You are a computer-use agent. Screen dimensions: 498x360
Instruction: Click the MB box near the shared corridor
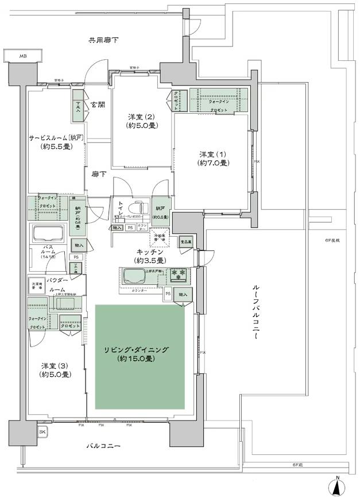coord(23,56)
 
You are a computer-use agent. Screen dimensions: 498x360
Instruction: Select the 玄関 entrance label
coord(98,105)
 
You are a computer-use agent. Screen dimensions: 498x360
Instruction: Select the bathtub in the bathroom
coord(50,234)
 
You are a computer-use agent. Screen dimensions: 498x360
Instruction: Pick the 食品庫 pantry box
coord(185,242)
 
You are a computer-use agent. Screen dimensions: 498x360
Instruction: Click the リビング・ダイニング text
coord(140,350)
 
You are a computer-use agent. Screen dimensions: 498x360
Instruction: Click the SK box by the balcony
coord(42,432)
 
